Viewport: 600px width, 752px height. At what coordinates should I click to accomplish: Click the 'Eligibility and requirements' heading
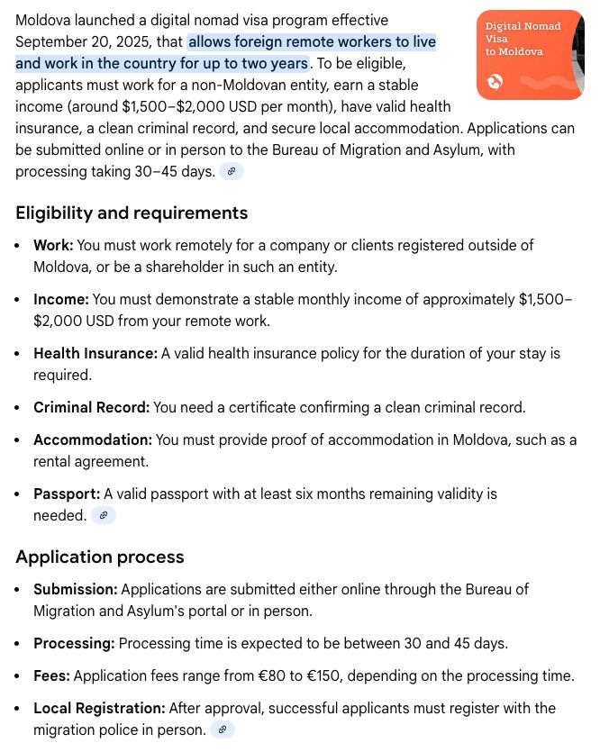click(x=132, y=213)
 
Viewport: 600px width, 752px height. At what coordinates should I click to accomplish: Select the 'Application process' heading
click(x=100, y=557)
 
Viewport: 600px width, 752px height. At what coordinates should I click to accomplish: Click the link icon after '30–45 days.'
click(x=232, y=171)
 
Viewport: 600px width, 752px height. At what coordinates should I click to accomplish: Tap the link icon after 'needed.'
click(x=104, y=515)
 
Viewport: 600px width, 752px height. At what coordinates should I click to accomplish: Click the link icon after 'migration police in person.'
click(x=223, y=729)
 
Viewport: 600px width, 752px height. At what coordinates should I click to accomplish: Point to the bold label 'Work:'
click(x=53, y=245)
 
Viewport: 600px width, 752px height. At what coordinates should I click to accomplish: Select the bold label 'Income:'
click(x=61, y=299)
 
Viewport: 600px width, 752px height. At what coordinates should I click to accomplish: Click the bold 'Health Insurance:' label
click(x=95, y=353)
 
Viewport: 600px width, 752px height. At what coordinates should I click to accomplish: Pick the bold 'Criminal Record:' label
click(x=91, y=407)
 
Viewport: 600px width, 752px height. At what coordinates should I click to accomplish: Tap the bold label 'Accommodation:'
click(x=93, y=439)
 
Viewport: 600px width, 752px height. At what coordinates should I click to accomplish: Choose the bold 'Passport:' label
click(x=67, y=494)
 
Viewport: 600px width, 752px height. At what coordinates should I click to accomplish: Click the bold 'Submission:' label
click(x=76, y=589)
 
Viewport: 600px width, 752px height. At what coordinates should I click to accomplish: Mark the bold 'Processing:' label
click(x=74, y=643)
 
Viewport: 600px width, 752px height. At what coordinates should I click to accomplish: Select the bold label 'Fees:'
click(x=51, y=675)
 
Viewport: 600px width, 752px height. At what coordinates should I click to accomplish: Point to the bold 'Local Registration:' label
click(x=99, y=708)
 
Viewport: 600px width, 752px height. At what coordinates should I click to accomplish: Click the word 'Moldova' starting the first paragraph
click(x=45, y=20)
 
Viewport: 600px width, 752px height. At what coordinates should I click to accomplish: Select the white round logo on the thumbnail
click(x=495, y=83)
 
